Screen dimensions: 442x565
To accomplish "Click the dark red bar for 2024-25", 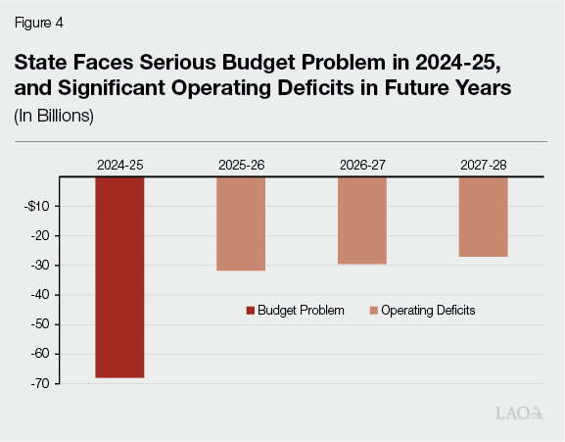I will pyautogui.click(x=119, y=276).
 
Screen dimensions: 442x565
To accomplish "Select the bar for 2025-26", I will pyautogui.click(x=241, y=223).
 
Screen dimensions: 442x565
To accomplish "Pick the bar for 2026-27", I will pyautogui.click(x=362, y=221).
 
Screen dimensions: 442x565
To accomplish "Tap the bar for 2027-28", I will pyautogui.click(x=483, y=217).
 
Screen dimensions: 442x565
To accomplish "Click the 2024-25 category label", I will pyautogui.click(x=119, y=165).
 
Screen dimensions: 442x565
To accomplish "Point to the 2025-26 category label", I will pyautogui.click(x=241, y=165).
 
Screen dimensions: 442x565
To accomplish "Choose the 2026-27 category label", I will pyautogui.click(x=362, y=165).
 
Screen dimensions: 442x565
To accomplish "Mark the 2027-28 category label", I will pyautogui.click(x=483, y=165).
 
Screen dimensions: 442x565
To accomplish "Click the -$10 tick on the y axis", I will pyautogui.click(x=38, y=206).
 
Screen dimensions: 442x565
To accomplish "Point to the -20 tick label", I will pyautogui.click(x=40, y=236).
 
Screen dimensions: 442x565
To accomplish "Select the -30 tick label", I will pyautogui.click(x=40, y=266).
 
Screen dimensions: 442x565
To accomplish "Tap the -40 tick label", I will pyautogui.click(x=40, y=295).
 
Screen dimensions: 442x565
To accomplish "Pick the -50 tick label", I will pyautogui.click(x=40, y=324).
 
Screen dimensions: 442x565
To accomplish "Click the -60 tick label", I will pyautogui.click(x=40, y=354).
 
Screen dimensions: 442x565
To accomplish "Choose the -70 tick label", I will pyautogui.click(x=40, y=384).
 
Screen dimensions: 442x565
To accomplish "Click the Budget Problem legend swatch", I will pyautogui.click(x=251, y=311).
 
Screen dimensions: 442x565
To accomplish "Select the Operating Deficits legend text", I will pyautogui.click(x=428, y=311).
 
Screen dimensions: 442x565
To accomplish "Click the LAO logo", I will pyautogui.click(x=519, y=415).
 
